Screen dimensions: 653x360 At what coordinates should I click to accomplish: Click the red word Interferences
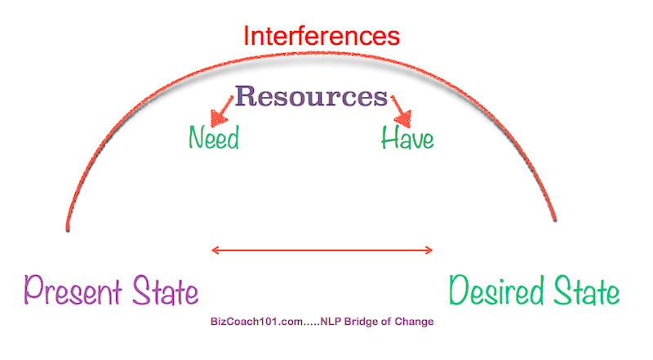coord(322,36)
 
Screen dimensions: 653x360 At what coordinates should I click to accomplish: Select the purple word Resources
coord(311,96)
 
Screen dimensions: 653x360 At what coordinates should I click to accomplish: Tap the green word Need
coord(214,137)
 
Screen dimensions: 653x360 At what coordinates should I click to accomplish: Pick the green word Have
coord(407,137)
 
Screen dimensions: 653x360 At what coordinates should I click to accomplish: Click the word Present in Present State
coord(73,291)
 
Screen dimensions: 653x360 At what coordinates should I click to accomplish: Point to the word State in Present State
coord(166,291)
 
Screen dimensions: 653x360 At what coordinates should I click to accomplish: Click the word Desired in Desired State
coord(496,291)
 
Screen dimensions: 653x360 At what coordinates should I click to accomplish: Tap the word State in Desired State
coord(586,291)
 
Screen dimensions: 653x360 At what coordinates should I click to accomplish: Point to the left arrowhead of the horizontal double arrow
coord(215,250)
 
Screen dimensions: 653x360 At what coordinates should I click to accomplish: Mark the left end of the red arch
coord(68,230)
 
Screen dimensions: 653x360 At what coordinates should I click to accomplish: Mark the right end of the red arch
coord(555,220)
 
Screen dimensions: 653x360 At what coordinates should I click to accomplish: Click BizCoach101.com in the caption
coord(257,322)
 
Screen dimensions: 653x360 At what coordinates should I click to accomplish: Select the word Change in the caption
coord(414,322)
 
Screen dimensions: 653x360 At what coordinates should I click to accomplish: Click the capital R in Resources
coord(245,96)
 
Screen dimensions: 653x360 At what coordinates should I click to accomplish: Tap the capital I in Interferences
coord(246,36)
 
